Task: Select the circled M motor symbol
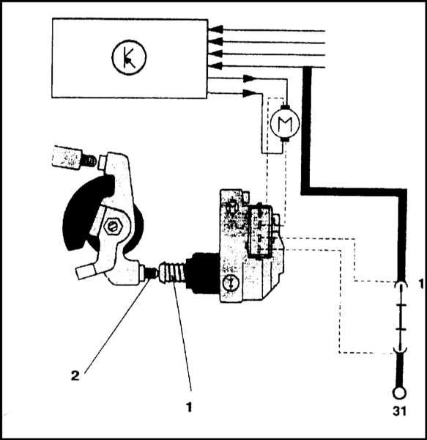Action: click(285, 123)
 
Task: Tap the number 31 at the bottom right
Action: click(399, 411)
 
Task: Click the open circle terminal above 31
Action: click(399, 392)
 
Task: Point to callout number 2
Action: click(75, 375)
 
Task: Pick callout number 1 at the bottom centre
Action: click(189, 407)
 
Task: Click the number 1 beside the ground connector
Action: click(421, 285)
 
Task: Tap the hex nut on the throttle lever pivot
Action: click(113, 226)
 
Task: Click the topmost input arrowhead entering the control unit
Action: click(216, 29)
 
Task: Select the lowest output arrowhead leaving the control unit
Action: click(250, 93)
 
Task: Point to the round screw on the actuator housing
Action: click(230, 283)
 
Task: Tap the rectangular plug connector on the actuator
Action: click(261, 231)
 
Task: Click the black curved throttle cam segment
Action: click(84, 208)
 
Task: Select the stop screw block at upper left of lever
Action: click(67, 158)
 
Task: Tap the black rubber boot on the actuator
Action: click(202, 273)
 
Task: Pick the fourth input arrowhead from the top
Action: click(216, 66)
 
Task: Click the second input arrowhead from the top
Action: click(216, 42)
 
